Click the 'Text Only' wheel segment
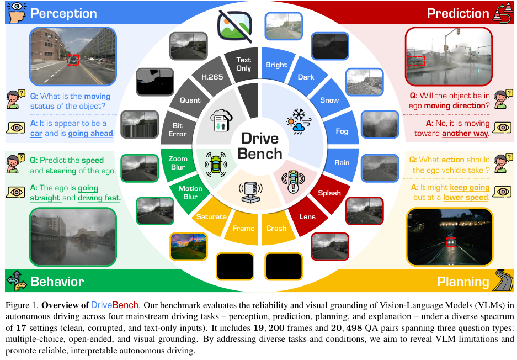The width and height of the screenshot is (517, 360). point(243,64)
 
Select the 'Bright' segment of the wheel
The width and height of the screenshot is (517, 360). point(276,65)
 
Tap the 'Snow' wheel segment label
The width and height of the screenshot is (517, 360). point(329,100)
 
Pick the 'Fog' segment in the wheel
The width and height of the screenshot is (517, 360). point(342,131)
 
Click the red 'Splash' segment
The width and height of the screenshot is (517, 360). point(329,193)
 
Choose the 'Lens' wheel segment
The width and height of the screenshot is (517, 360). point(307,217)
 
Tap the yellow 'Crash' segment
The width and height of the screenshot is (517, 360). point(276,228)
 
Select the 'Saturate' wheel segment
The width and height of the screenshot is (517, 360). point(211,217)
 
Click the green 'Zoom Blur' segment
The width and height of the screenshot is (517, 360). point(178,162)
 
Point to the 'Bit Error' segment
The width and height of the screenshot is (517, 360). point(178,130)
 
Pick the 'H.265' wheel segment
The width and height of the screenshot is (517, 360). point(212,77)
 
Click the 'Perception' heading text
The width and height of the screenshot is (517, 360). point(63,13)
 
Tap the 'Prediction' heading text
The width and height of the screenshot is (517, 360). point(458,13)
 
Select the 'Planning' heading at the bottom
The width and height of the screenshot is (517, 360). point(463,282)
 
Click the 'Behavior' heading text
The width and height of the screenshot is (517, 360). point(57,282)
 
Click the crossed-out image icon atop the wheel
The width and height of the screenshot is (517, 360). point(234,24)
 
